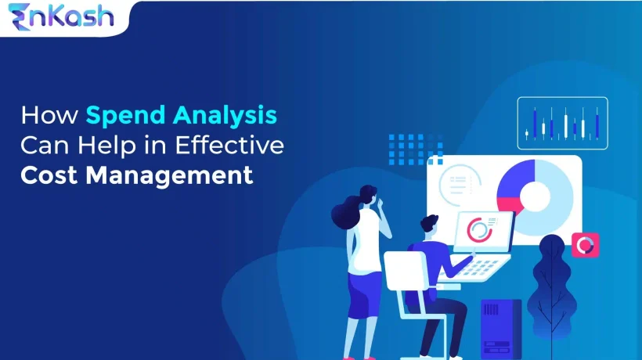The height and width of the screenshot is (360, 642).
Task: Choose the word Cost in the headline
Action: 50,174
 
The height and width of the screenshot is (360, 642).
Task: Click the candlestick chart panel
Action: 562,123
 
